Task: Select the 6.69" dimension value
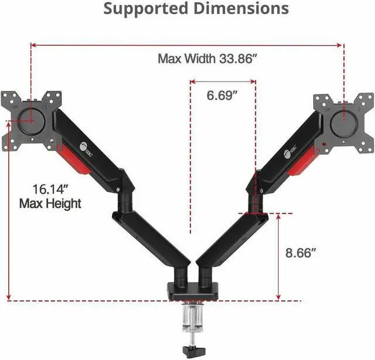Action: click(x=222, y=96)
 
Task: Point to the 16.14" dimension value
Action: click(x=49, y=189)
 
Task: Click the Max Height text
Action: click(x=50, y=203)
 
